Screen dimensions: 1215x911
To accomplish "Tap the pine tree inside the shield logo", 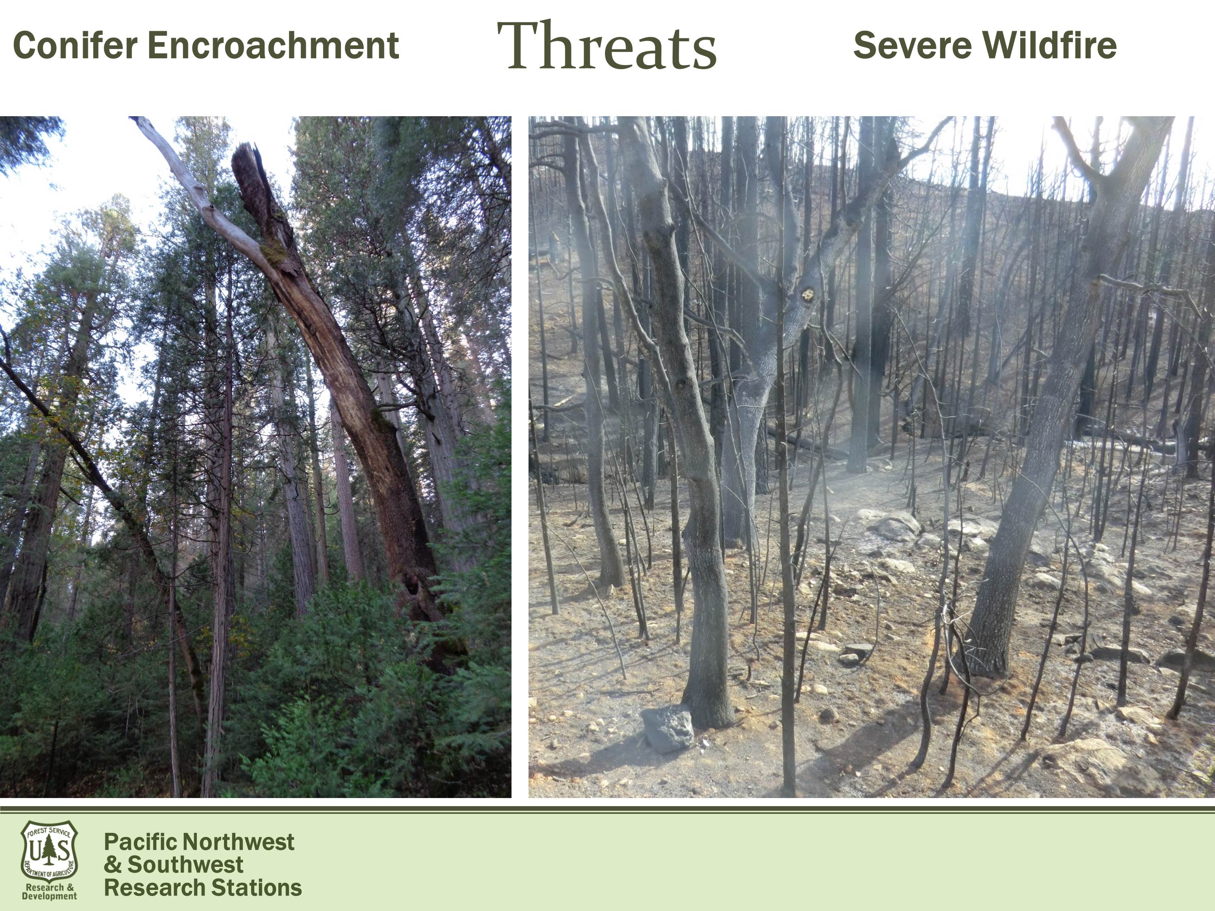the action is pyautogui.click(x=50, y=849).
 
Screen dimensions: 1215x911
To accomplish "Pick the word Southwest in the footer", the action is pyautogui.click(x=185, y=865).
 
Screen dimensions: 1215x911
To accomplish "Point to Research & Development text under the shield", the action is pyautogui.click(x=49, y=892).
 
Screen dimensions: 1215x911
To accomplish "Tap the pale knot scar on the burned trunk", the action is pyautogui.click(x=808, y=295).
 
